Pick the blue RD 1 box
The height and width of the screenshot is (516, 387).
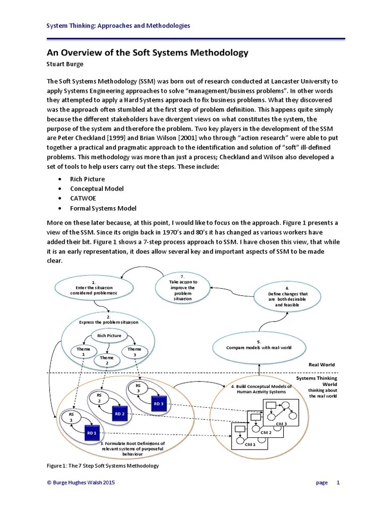(x=91, y=432)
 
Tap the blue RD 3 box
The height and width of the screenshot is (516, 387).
(x=159, y=403)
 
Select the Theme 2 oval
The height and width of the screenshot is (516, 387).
(x=107, y=360)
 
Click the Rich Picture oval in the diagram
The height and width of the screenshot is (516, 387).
(x=109, y=336)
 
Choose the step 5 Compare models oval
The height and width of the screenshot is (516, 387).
(x=259, y=346)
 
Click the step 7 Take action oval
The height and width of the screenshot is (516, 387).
(x=183, y=289)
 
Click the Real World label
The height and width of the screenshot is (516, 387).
(x=321, y=364)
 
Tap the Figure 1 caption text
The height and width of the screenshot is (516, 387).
(x=103, y=466)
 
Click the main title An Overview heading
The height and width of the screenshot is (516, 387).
(x=148, y=53)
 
